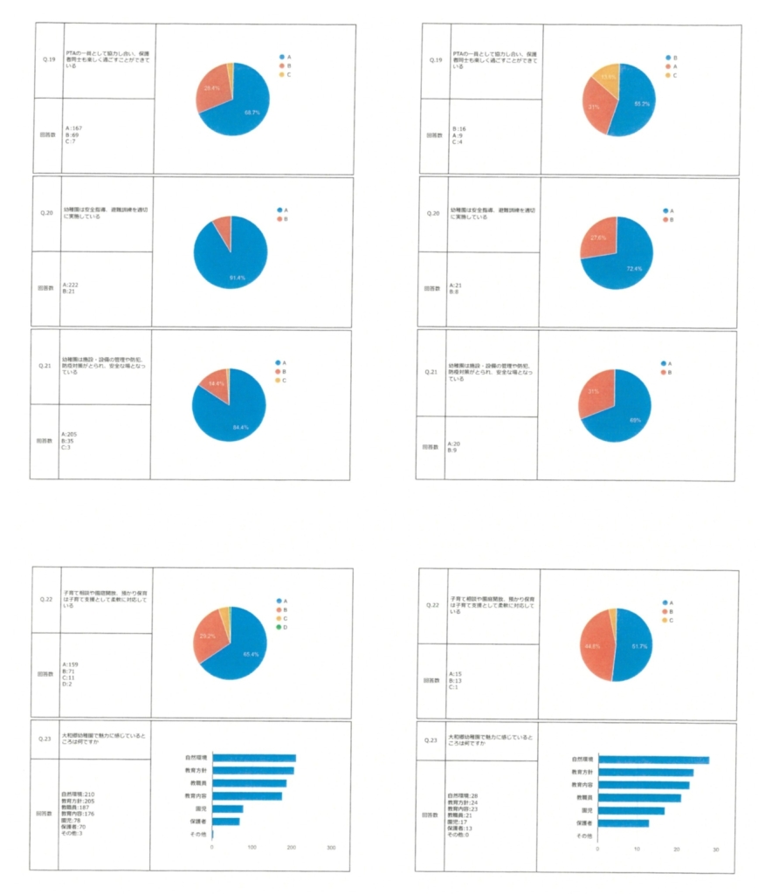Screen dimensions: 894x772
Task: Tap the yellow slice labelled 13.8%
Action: (x=604, y=77)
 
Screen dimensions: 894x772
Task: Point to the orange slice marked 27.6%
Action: (x=596, y=237)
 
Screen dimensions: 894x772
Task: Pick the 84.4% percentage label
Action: (x=238, y=427)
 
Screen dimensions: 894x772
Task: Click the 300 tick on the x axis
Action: (x=331, y=847)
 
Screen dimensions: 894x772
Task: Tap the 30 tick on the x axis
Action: (x=715, y=848)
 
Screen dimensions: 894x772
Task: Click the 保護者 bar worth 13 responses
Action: (x=623, y=822)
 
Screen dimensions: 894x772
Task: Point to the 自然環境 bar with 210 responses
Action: (x=254, y=758)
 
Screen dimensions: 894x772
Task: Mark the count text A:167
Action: (x=74, y=128)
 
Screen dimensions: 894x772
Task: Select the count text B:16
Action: (x=458, y=128)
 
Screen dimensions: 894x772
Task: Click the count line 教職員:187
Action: (x=76, y=808)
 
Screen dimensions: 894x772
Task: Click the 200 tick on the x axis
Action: (x=292, y=847)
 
